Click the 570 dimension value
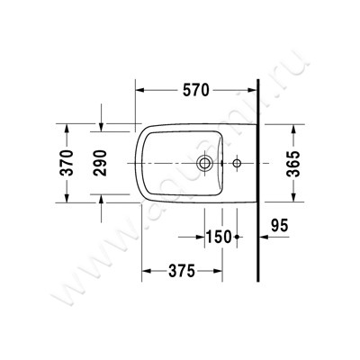pyautogui.click(x=195, y=89)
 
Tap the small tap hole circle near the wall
pyautogui.click(x=237, y=164)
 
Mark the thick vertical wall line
pyautogui.click(x=258, y=180)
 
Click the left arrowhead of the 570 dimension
pyautogui.click(x=140, y=89)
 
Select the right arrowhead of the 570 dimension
pyautogui.click(x=253, y=89)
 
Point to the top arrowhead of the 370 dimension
pyautogui.click(x=64, y=124)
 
